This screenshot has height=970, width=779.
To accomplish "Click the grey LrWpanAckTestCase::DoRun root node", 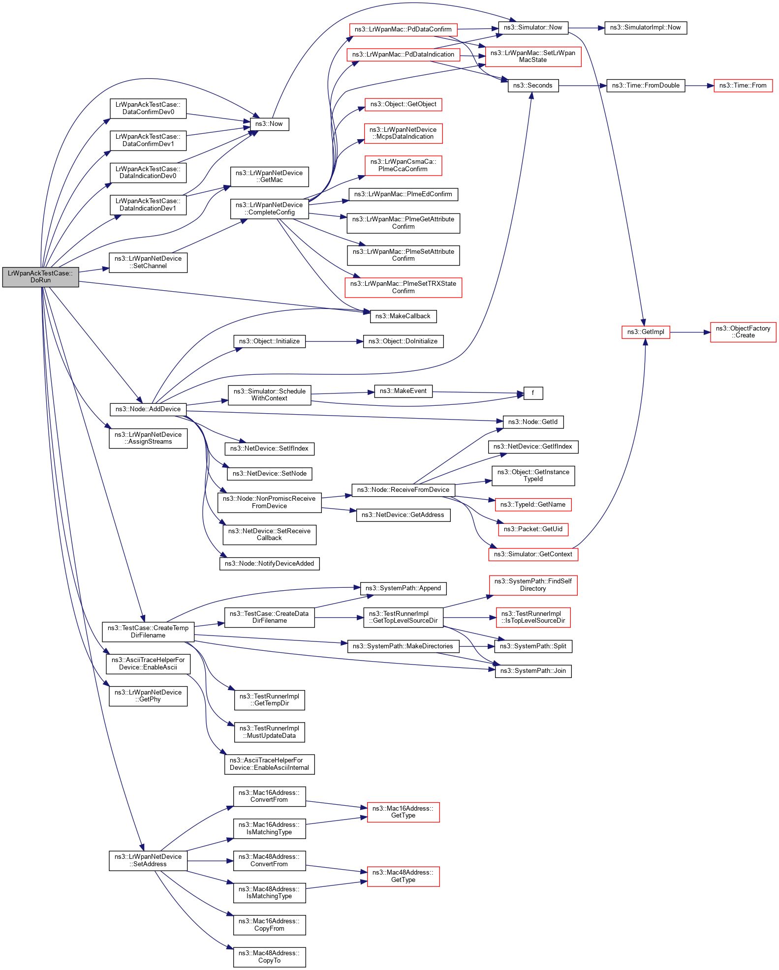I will [x=40, y=277].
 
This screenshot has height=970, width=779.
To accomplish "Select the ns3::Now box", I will [x=269, y=124].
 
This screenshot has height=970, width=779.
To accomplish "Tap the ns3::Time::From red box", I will [x=743, y=86].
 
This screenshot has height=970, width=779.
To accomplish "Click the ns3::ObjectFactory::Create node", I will [x=743, y=332].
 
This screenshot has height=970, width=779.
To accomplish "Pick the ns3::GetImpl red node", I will [x=645, y=332].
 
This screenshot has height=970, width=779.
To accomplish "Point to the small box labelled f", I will [x=533, y=393].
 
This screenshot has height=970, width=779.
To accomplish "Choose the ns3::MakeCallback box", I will [x=403, y=316].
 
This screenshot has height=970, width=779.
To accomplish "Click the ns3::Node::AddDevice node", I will [x=148, y=409].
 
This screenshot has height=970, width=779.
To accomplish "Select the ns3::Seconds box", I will [x=532, y=86].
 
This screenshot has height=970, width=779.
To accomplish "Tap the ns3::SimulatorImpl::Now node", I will [x=645, y=28].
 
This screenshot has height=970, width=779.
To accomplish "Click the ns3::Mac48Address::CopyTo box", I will [x=269, y=957].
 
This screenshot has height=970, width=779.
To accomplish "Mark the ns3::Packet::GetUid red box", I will [x=533, y=529].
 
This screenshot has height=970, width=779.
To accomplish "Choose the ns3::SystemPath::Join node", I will [x=533, y=671].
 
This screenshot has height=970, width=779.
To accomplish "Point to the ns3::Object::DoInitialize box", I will [x=403, y=341].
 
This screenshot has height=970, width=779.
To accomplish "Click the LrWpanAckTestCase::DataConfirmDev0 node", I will [x=148, y=108].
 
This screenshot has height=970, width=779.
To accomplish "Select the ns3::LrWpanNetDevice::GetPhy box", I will [x=148, y=696].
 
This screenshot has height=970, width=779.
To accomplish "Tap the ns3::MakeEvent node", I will [x=403, y=391].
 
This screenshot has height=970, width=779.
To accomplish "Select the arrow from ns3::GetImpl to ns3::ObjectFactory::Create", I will [x=689, y=333].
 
